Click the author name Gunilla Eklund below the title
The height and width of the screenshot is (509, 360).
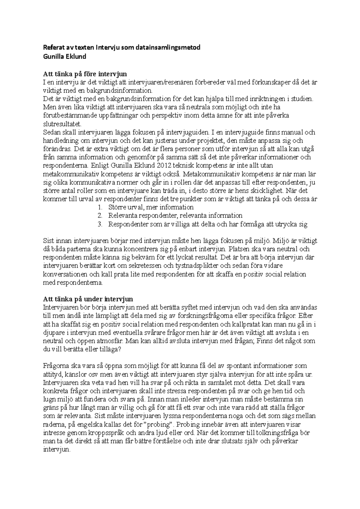pyautogui.click(x=64, y=56)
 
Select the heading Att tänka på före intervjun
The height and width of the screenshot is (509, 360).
pyautogui.click(x=85, y=74)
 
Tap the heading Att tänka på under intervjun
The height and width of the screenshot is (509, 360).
pyautogui.click(x=88, y=299)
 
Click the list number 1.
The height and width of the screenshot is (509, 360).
pyautogui.click(x=100, y=207)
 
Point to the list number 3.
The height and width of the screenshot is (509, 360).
pyautogui.click(x=100, y=224)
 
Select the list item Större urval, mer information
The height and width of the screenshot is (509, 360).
pyautogui.click(x=151, y=207)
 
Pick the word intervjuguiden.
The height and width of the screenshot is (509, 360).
pyautogui.click(x=187, y=132)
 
